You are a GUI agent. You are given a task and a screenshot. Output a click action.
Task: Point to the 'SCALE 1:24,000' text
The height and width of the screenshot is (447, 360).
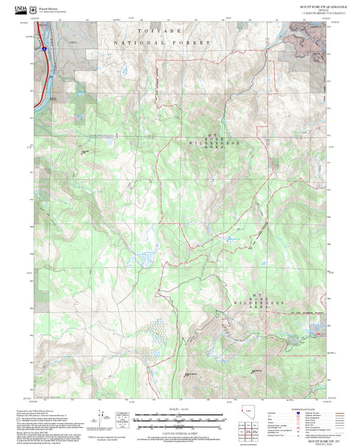click(180, 409)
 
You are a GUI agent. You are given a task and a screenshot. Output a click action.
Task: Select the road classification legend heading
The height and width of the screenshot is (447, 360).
click(301, 408)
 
